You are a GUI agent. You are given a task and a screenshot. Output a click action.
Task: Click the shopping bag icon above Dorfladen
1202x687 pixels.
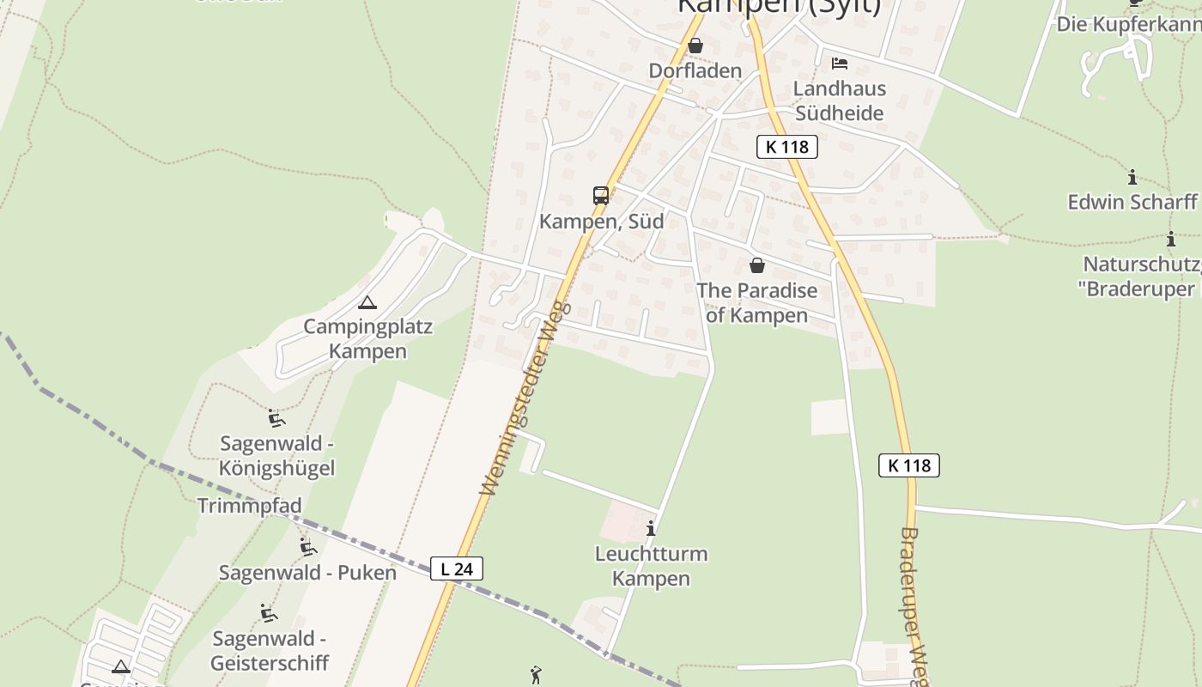tap(695, 46)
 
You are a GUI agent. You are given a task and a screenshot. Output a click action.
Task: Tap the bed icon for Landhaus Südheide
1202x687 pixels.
tap(839, 64)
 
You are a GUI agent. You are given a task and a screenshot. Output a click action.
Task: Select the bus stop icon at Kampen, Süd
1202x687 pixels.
tap(601, 196)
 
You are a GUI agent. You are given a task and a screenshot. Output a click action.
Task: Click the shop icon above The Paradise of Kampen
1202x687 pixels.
tap(756, 265)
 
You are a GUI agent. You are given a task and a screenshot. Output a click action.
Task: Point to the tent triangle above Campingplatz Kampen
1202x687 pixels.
tap(367, 302)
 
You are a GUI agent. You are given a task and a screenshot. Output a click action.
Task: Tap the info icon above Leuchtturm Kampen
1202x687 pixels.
tap(651, 528)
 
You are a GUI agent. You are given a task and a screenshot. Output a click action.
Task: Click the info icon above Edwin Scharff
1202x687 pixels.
tap(1132, 178)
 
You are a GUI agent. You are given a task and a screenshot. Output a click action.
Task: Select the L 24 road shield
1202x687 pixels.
tap(457, 568)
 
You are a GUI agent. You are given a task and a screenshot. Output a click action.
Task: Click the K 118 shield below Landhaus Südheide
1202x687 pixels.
tap(787, 147)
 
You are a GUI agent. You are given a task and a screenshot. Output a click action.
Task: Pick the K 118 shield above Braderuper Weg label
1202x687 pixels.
tap(909, 465)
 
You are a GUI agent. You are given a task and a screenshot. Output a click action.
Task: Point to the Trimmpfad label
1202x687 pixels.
tap(249, 506)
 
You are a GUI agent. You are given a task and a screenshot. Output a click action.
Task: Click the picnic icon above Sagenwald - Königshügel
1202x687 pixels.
tap(276, 418)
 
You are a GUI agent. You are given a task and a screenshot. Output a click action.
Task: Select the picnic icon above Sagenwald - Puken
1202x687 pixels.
tap(307, 547)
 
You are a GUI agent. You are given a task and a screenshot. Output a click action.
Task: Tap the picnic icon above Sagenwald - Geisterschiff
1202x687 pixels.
tap(269, 613)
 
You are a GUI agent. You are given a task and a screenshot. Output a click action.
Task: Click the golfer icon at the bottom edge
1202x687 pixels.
tap(536, 676)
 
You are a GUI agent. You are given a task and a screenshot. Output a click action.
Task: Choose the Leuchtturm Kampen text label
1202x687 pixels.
tap(651, 566)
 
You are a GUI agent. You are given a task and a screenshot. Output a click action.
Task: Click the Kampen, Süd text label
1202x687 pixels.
tap(601, 222)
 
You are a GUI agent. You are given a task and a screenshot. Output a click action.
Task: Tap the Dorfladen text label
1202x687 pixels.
tap(695, 70)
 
